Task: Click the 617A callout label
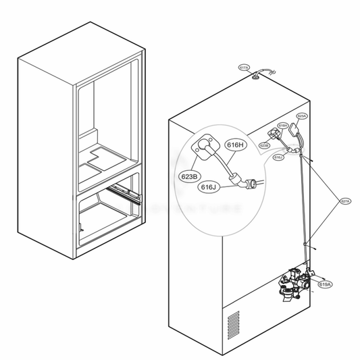click(x=244, y=68)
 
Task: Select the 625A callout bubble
click(x=302, y=116)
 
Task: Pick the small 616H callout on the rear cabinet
click(x=283, y=125)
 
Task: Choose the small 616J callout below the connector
click(x=278, y=157)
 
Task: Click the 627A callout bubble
click(x=344, y=201)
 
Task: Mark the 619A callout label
click(x=324, y=284)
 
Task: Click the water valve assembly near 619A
click(x=295, y=284)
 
